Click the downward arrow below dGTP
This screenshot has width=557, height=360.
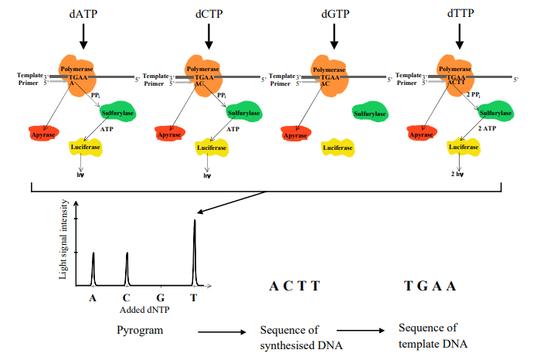point(335,34)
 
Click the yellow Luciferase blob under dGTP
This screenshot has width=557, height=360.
point(338,147)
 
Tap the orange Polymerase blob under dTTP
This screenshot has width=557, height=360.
point(457,74)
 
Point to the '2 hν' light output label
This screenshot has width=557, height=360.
point(456,175)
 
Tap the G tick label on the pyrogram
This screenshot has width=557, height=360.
point(160,295)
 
